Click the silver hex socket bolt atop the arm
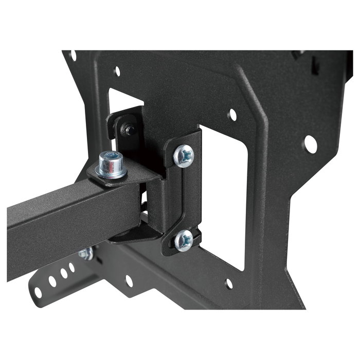pyautogui.click(x=111, y=163)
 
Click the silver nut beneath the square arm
pyautogui.click(x=86, y=254)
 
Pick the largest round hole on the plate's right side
pyautogui.click(x=310, y=144)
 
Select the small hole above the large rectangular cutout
pyautogui.click(x=232, y=114)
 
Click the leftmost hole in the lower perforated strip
pyautogui.click(x=38, y=292)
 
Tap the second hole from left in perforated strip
pyautogui.click(x=52, y=281)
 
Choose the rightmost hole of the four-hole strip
pyautogui.click(x=72, y=267)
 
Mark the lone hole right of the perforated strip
pyautogui.click(x=129, y=281)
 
